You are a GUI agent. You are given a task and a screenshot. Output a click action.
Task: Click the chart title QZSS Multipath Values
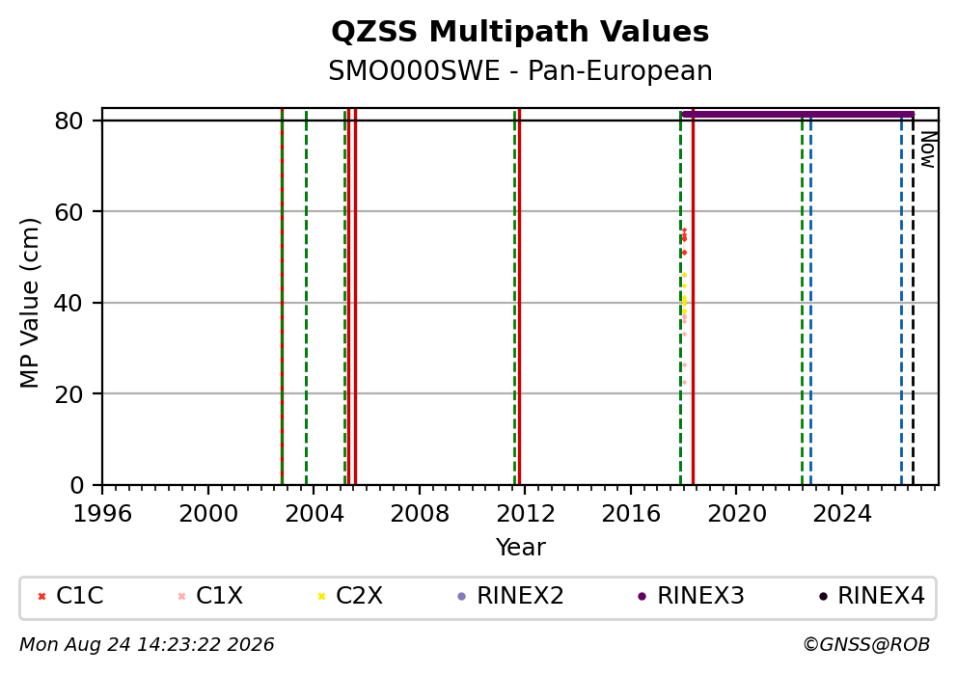[520, 32]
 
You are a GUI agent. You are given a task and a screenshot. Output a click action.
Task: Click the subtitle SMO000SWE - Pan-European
[520, 70]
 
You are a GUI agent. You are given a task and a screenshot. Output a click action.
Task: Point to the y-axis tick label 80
[68, 121]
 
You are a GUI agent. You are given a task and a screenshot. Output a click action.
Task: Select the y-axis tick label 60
[68, 212]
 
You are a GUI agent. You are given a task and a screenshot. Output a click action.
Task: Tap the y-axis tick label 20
[68, 394]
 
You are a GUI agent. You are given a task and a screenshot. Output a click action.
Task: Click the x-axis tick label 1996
[102, 514]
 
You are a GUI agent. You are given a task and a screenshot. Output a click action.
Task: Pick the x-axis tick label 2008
[420, 514]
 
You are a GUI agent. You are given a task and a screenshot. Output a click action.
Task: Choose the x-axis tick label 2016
[631, 514]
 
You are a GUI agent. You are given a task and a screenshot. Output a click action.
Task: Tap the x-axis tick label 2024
[841, 514]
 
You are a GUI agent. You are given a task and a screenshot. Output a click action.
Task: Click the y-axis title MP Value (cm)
[29, 303]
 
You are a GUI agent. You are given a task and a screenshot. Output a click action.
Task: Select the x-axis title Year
[520, 547]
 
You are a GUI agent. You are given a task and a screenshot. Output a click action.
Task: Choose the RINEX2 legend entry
[511, 596]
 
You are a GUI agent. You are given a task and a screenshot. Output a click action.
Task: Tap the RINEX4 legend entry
[872, 596]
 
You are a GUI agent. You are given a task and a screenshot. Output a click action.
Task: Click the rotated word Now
[928, 150]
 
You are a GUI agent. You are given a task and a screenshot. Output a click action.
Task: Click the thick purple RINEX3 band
[798, 114]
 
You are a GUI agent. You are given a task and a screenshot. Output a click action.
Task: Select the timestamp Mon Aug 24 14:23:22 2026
[147, 645]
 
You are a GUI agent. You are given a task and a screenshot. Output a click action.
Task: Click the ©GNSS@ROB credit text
[866, 645]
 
